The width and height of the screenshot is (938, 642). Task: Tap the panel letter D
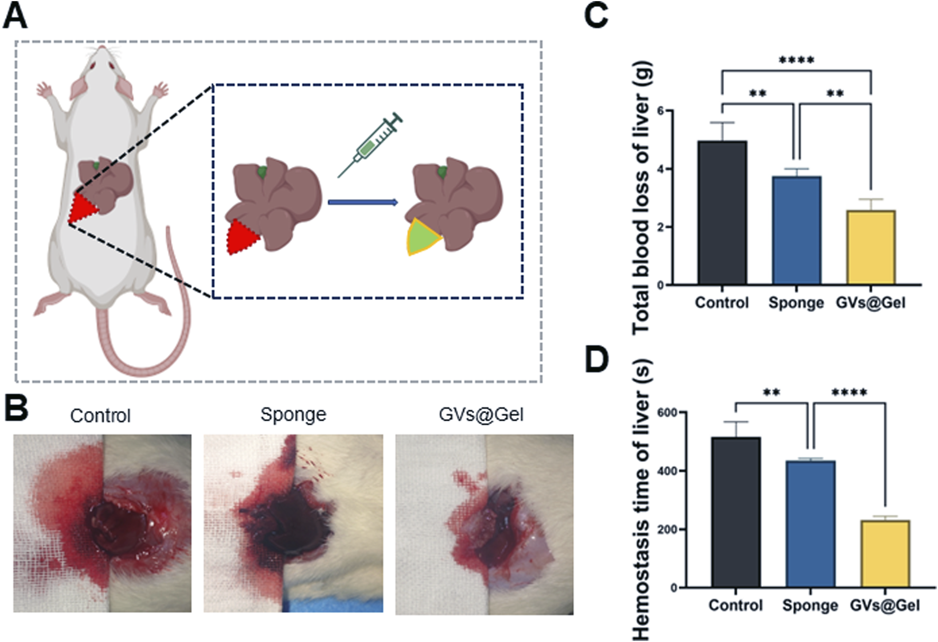(597, 359)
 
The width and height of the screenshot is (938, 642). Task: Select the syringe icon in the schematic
(371, 144)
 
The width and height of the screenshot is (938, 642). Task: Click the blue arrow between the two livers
(363, 202)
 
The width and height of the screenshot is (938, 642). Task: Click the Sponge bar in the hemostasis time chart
(810, 524)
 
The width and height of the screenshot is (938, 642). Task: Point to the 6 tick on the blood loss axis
(661, 111)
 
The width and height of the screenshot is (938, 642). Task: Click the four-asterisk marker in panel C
(796, 60)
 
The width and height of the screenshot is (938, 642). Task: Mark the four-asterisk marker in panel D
(849, 393)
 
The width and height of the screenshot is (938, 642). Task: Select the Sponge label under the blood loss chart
(796, 303)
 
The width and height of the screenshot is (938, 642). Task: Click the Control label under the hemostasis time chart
(736, 605)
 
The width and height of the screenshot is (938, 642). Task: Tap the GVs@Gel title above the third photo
(481, 414)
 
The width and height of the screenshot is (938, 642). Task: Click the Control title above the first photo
(101, 415)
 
